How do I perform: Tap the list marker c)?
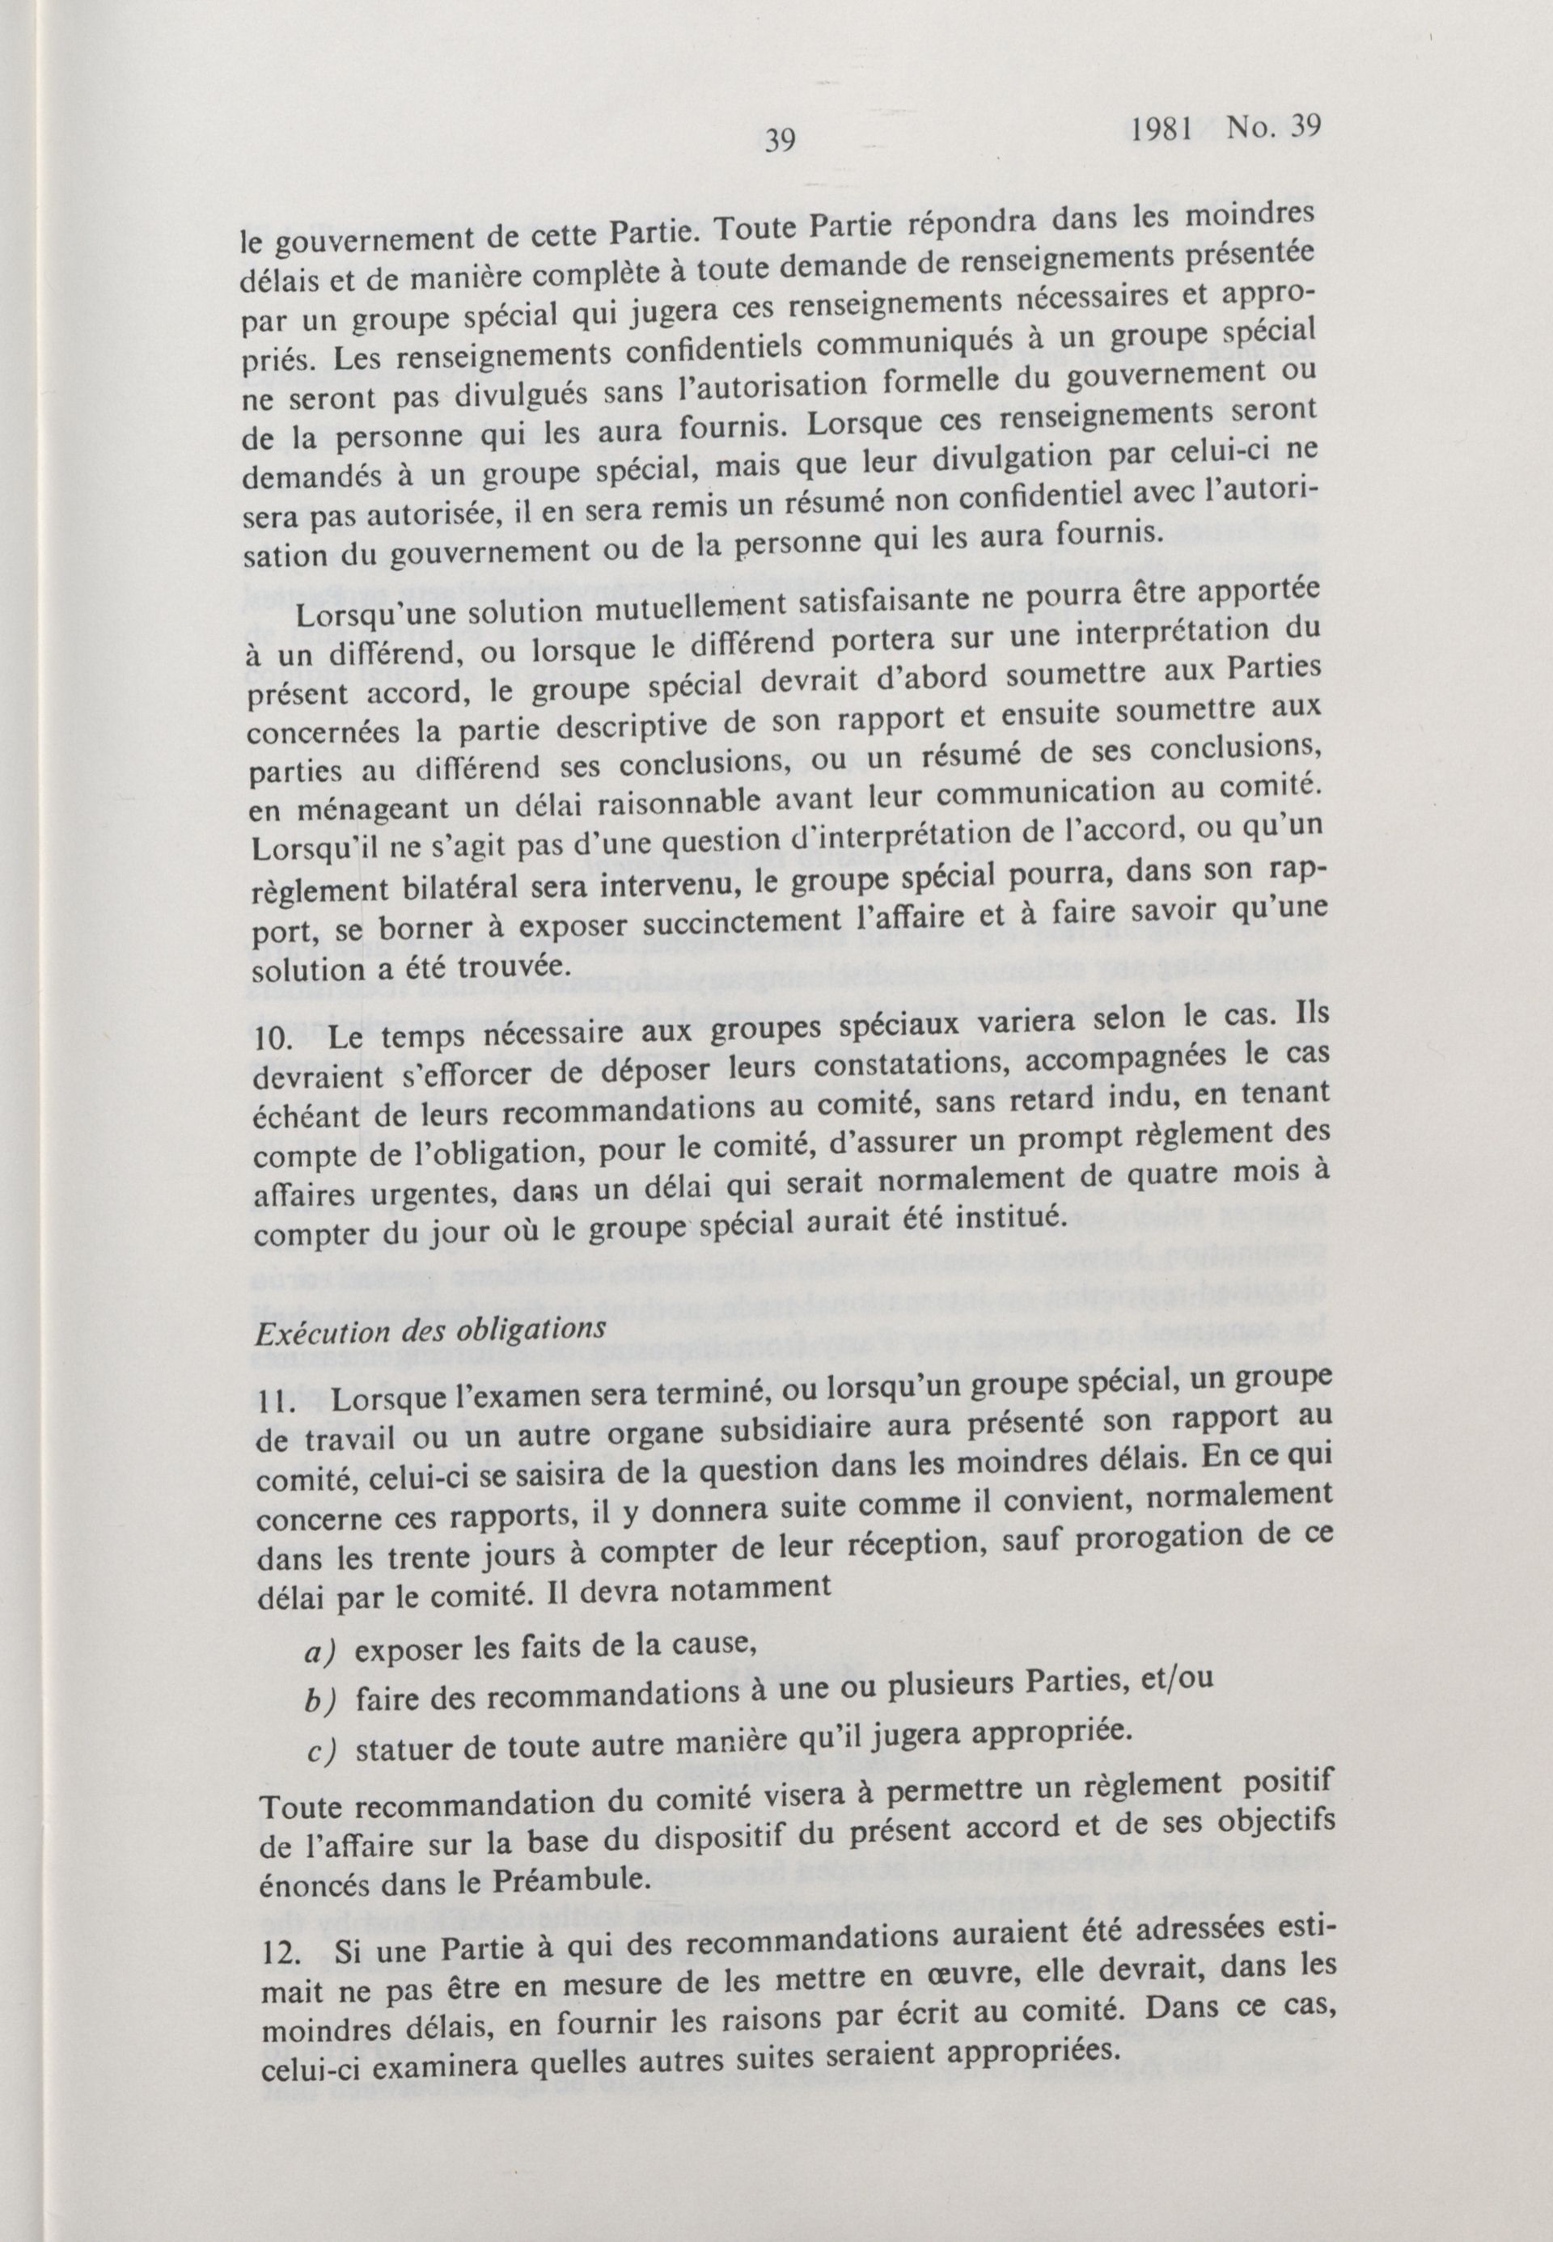321,1753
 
